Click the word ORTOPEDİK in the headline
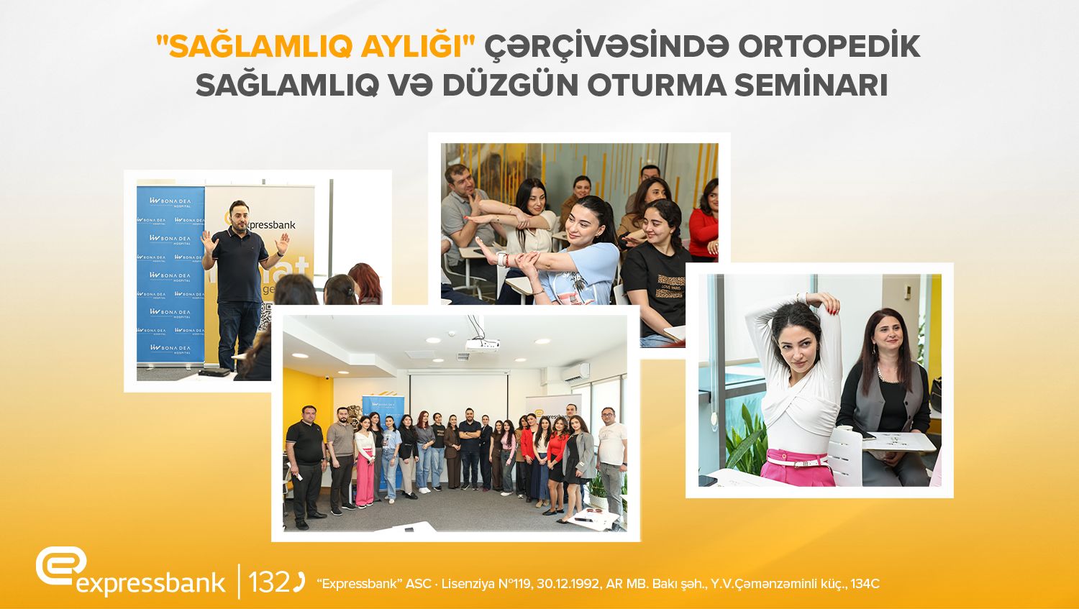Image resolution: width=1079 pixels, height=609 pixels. pos(829,47)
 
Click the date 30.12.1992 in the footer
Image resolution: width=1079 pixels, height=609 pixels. pos(565,584)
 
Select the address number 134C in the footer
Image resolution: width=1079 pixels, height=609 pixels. pos(865,584)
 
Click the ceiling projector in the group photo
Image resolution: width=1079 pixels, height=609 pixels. pos(481,345)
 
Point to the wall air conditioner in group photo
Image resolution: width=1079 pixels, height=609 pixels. pos(575,372)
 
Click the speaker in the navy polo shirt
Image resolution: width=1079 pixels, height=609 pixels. pos(240,280)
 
